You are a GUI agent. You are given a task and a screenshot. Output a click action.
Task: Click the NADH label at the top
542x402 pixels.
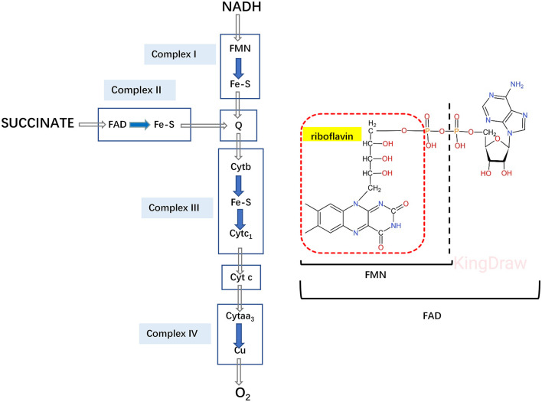(241, 7)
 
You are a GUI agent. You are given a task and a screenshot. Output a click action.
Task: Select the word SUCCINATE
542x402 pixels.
(38, 123)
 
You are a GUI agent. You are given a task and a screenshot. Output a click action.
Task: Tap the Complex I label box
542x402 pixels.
(180, 54)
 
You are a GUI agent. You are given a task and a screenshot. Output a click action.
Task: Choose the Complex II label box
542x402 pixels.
(139, 90)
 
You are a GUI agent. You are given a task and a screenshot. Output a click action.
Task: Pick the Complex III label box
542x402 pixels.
(177, 208)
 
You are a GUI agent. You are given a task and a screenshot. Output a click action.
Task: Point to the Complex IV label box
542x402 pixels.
(175, 334)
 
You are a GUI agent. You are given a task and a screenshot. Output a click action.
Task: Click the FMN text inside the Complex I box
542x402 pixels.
(240, 48)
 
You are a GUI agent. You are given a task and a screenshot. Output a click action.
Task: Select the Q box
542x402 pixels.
(239, 126)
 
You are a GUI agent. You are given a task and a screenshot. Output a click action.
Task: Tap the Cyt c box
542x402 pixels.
(241, 277)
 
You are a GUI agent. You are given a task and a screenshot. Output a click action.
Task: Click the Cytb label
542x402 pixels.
(240, 167)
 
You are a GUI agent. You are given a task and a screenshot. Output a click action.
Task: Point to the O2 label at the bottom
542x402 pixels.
(243, 394)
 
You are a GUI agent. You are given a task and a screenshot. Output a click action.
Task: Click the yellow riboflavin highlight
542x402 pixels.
(331, 135)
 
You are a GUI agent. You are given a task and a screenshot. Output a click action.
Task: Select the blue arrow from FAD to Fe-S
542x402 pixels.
(140, 125)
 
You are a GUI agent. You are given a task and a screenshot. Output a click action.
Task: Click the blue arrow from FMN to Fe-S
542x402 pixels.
(239, 68)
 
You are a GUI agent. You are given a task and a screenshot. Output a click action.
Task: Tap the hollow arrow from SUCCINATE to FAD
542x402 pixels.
(93, 124)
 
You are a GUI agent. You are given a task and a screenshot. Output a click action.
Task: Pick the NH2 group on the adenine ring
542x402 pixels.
(517, 85)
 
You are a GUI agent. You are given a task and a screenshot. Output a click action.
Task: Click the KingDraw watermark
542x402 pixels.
(490, 263)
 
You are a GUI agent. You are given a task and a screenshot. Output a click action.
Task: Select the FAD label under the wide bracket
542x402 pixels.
(432, 316)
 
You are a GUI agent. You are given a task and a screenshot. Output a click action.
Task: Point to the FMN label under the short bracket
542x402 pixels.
(375, 275)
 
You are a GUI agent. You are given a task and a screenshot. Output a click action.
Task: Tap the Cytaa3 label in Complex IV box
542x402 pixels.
(240, 316)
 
